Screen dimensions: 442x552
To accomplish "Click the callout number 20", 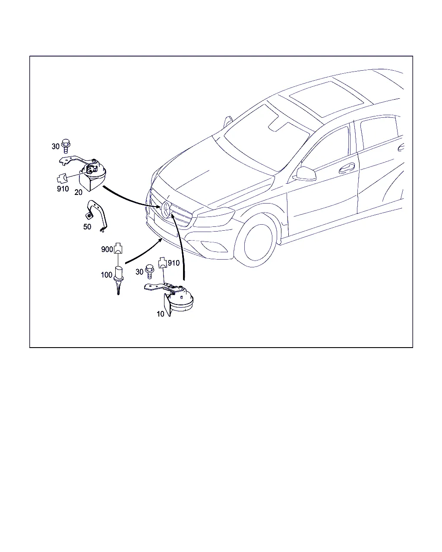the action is (78, 192).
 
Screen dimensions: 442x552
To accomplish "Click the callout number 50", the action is (87, 227).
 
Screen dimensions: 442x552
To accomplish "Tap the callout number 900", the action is (107, 249).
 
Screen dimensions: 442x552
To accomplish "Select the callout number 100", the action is (106, 275).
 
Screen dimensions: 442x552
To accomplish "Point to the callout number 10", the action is (160, 314).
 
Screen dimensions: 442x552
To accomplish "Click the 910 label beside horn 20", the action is (63, 189).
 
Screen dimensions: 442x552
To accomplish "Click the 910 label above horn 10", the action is (174, 263).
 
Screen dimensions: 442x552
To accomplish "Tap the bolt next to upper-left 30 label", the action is (66, 146).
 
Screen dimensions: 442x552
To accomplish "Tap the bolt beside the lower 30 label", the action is (149, 272).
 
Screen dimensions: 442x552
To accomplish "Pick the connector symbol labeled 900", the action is (118, 248).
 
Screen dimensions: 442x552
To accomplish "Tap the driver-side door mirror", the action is (306, 174).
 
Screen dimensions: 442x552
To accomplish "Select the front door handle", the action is (347, 169).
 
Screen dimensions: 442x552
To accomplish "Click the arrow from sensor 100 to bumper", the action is (144, 252).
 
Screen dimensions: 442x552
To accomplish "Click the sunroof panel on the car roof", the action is (326, 99).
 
